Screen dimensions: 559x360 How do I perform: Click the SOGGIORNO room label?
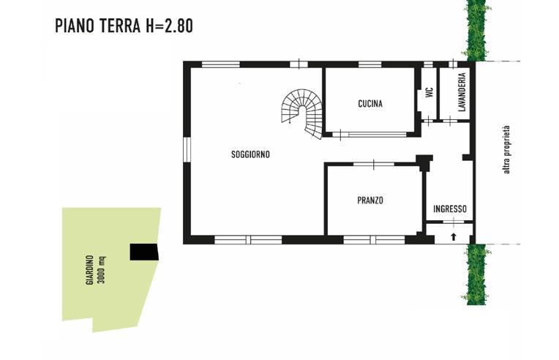click(x=251, y=154)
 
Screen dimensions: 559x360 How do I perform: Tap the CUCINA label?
click(x=370, y=104)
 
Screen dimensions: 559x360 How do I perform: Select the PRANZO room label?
click(x=370, y=200)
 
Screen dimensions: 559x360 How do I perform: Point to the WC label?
click(x=429, y=92)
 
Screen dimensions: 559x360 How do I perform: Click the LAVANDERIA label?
click(x=462, y=92)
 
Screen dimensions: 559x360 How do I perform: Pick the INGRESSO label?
click(x=450, y=209)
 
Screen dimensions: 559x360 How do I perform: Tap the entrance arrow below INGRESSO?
click(x=453, y=236)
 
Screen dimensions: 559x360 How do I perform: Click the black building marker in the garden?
click(x=144, y=252)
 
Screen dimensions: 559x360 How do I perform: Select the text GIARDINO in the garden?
click(x=90, y=270)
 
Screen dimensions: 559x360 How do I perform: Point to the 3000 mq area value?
click(x=101, y=270)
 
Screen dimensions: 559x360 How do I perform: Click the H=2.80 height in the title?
click(x=169, y=26)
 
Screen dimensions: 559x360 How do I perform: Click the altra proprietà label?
click(x=506, y=150)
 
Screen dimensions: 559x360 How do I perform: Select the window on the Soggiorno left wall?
click(x=187, y=150)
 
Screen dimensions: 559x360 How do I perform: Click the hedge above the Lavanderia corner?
click(x=477, y=30)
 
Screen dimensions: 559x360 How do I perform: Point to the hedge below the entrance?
click(x=477, y=274)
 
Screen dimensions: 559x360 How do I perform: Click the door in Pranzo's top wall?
click(x=374, y=165)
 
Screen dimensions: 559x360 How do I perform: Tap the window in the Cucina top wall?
click(x=369, y=64)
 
